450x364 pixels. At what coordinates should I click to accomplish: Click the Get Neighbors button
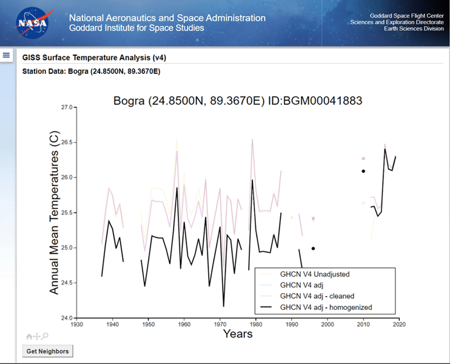[x=48, y=351]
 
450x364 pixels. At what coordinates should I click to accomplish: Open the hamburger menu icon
[x=7, y=55]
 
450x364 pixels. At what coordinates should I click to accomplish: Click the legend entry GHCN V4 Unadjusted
[x=314, y=274]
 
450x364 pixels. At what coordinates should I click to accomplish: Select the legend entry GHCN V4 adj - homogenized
[x=326, y=308]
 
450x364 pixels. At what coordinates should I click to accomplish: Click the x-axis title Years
[x=237, y=334]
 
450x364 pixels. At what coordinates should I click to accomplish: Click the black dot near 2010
[x=363, y=171]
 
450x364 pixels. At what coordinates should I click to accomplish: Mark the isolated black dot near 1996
[x=313, y=248]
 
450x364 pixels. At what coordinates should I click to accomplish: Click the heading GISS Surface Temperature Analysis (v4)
[x=94, y=58]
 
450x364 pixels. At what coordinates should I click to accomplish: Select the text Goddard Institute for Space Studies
[x=136, y=28]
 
